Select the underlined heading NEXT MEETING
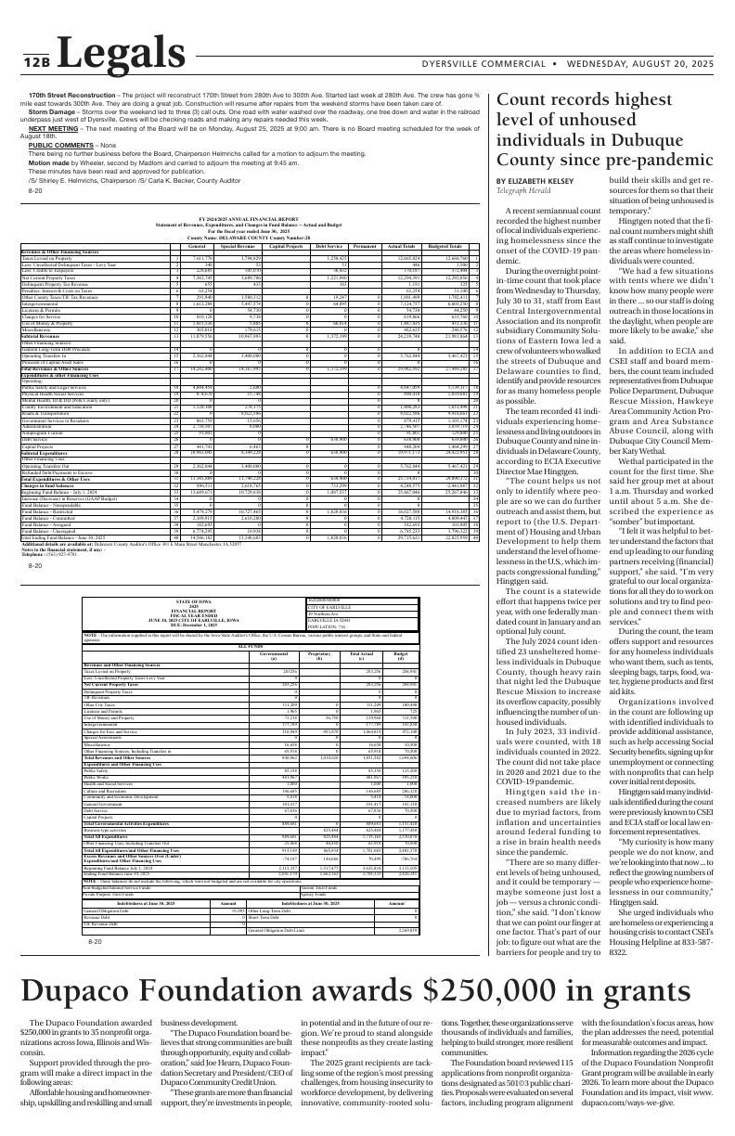pyautogui.click(x=54, y=128)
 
